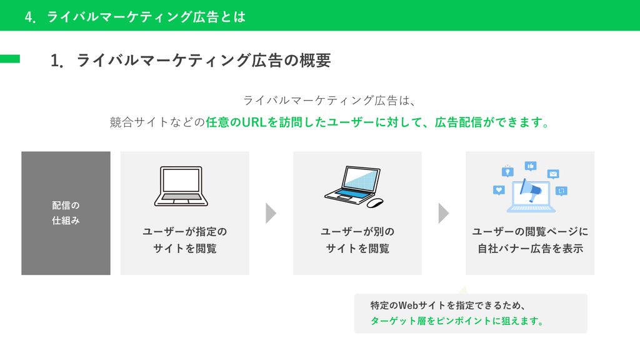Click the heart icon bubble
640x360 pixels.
pos(499,190)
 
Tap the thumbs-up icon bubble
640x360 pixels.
pos(531,166)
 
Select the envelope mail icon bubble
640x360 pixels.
pos(553,174)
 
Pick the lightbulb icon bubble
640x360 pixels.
pos(507,171)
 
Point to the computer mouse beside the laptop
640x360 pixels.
pos(375,202)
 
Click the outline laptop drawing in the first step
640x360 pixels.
pos(181,186)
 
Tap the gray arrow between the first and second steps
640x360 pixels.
pos(271,213)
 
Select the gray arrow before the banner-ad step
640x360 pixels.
pos(443,213)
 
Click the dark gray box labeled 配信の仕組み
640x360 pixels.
pos(66,213)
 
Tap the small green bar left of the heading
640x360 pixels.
pos(10,59)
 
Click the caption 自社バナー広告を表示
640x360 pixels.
pos(530,248)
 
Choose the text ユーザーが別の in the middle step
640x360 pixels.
pos(357,232)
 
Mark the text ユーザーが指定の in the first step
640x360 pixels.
pos(185,232)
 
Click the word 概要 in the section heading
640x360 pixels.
pos(316,61)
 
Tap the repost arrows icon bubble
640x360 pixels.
pos(561,191)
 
